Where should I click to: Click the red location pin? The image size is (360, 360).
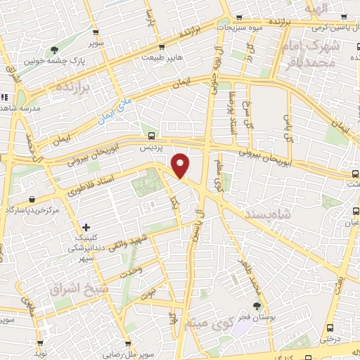coord(181,165)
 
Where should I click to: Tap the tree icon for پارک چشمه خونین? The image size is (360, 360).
coord(54,49)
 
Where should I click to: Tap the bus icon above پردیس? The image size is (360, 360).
coord(152,136)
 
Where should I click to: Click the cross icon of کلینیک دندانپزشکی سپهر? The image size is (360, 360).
coord(86,227)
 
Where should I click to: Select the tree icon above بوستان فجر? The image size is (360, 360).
coord(257,305)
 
